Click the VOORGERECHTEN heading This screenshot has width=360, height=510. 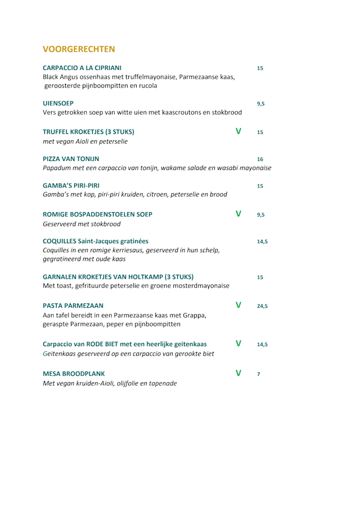pyautogui.click(x=79, y=48)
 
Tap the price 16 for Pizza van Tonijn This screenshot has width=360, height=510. pyautogui.click(x=260, y=159)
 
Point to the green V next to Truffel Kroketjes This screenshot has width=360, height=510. pyautogui.click(x=238, y=132)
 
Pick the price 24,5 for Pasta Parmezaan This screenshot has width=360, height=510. pyautogui.click(x=262, y=307)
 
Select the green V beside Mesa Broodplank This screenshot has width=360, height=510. pyautogui.click(x=238, y=373)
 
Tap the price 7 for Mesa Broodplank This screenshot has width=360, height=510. pyautogui.click(x=259, y=374)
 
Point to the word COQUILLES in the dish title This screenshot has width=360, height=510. pyautogui.click(x=63, y=241)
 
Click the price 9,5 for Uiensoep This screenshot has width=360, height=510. pyautogui.click(x=261, y=104)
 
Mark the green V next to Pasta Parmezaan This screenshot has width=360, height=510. pyautogui.click(x=238, y=306)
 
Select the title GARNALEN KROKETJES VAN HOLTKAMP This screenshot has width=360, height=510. pyautogui.click(x=118, y=277)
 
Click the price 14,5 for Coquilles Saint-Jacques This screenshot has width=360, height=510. pyautogui.click(x=262, y=241)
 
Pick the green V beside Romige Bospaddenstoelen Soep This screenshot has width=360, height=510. pyautogui.click(x=238, y=214)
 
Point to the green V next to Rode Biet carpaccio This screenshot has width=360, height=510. pyautogui.click(x=238, y=343)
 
